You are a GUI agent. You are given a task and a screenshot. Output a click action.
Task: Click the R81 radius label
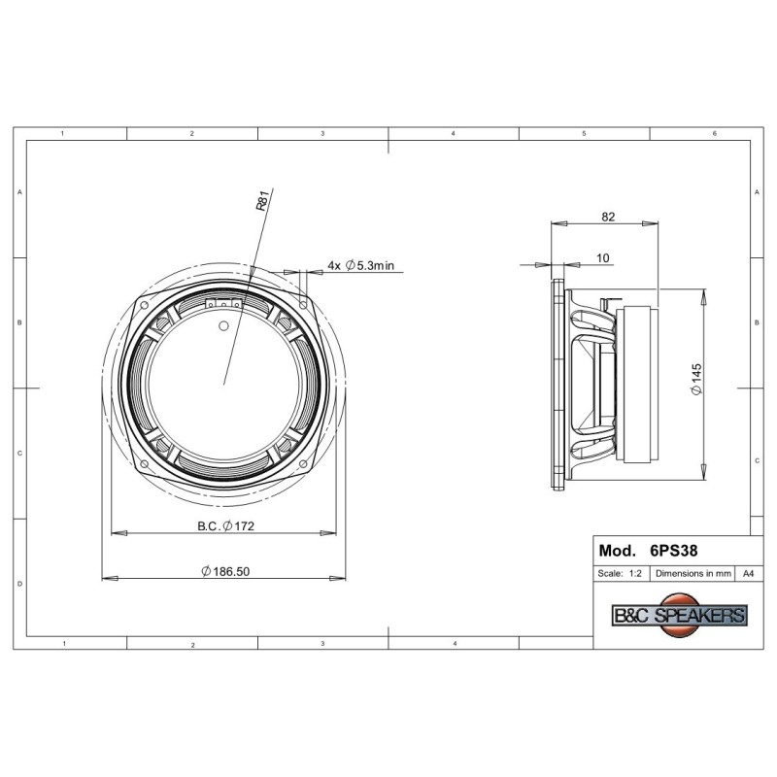click(262, 199)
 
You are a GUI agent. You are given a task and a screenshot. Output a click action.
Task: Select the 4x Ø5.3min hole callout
click(360, 265)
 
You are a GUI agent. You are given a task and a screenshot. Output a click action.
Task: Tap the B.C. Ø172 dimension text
click(226, 525)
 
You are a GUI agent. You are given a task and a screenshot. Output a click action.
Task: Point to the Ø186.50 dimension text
click(225, 571)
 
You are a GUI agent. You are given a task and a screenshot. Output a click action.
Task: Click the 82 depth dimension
click(608, 217)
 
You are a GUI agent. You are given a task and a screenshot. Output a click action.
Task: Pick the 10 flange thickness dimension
click(602, 257)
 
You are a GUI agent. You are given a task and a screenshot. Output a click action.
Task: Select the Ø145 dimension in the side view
click(696, 379)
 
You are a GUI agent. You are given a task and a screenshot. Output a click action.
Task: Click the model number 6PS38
click(673, 551)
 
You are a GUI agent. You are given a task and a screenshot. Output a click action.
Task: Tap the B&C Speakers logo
click(680, 615)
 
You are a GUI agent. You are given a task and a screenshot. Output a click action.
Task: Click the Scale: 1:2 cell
click(620, 573)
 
